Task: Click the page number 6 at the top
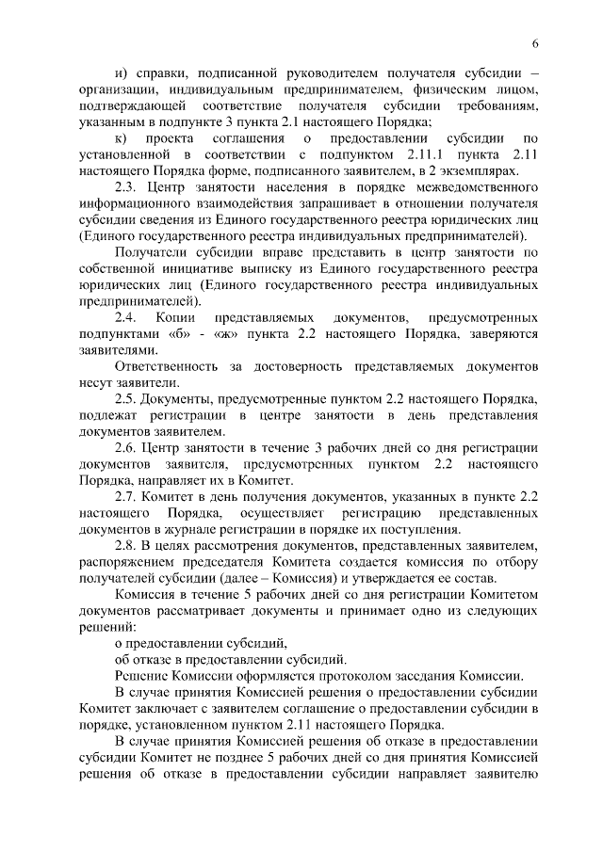click(534, 44)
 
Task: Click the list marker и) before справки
click(120, 73)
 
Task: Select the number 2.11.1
click(424, 153)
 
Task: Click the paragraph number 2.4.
click(126, 318)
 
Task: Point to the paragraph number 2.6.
click(126, 447)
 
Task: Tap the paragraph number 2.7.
click(126, 496)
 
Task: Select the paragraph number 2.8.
click(126, 545)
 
